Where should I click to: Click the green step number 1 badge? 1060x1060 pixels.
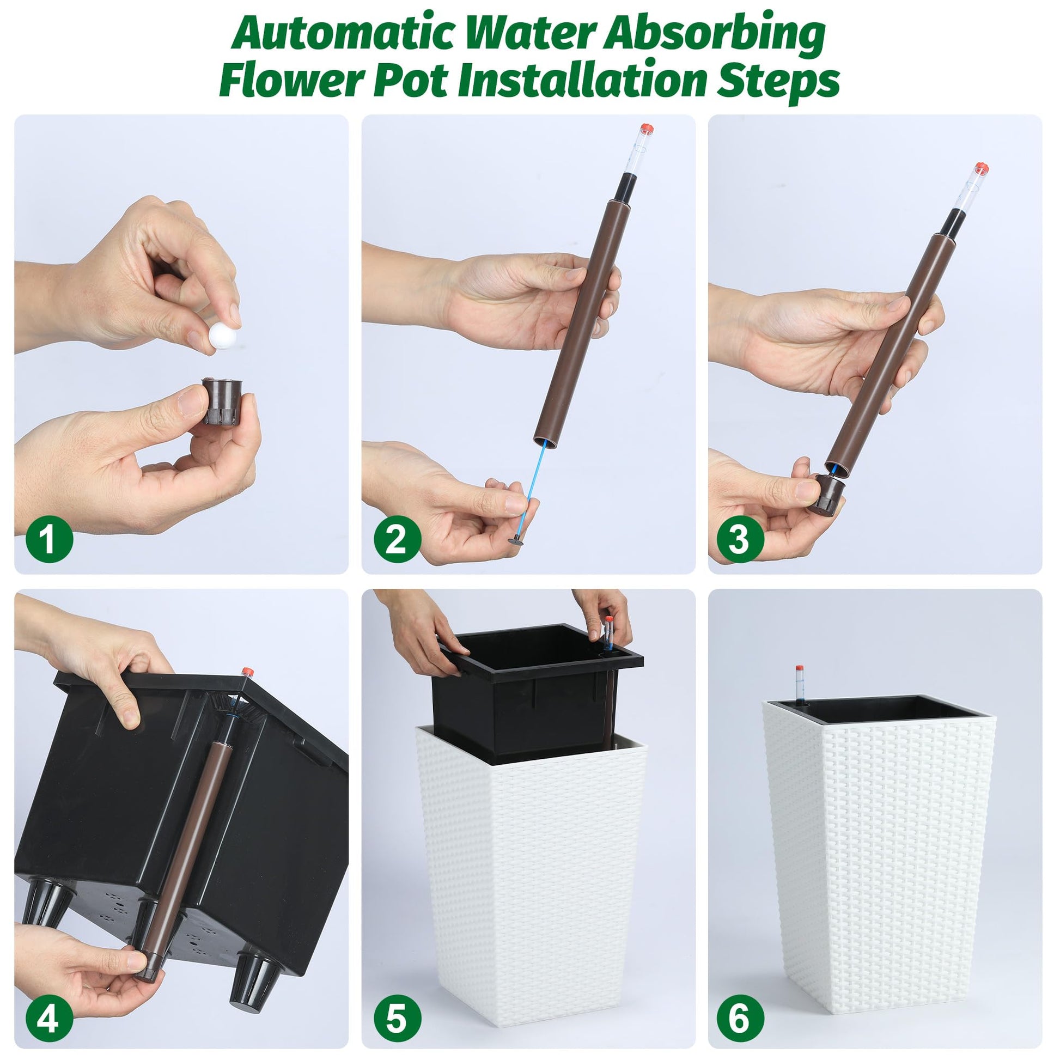(50, 539)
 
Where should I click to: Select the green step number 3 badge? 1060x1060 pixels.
(740, 539)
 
